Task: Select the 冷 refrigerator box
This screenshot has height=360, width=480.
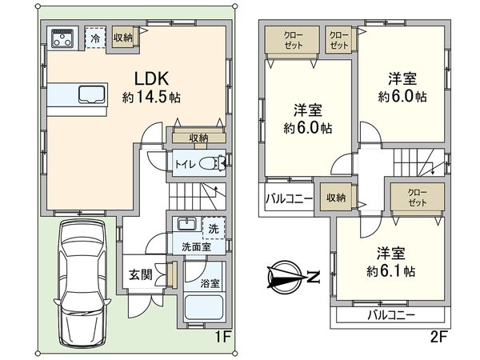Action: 95,38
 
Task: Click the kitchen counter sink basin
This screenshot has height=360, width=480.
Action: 90,94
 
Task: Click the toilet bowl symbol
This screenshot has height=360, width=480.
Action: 212,163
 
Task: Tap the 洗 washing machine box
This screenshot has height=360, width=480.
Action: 213,227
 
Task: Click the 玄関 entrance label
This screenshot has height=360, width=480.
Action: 141,274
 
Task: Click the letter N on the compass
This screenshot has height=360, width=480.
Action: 314,278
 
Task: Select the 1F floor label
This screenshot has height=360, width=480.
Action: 222,336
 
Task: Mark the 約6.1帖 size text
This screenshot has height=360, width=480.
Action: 391,271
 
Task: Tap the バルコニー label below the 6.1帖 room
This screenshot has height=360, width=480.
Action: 390,315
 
